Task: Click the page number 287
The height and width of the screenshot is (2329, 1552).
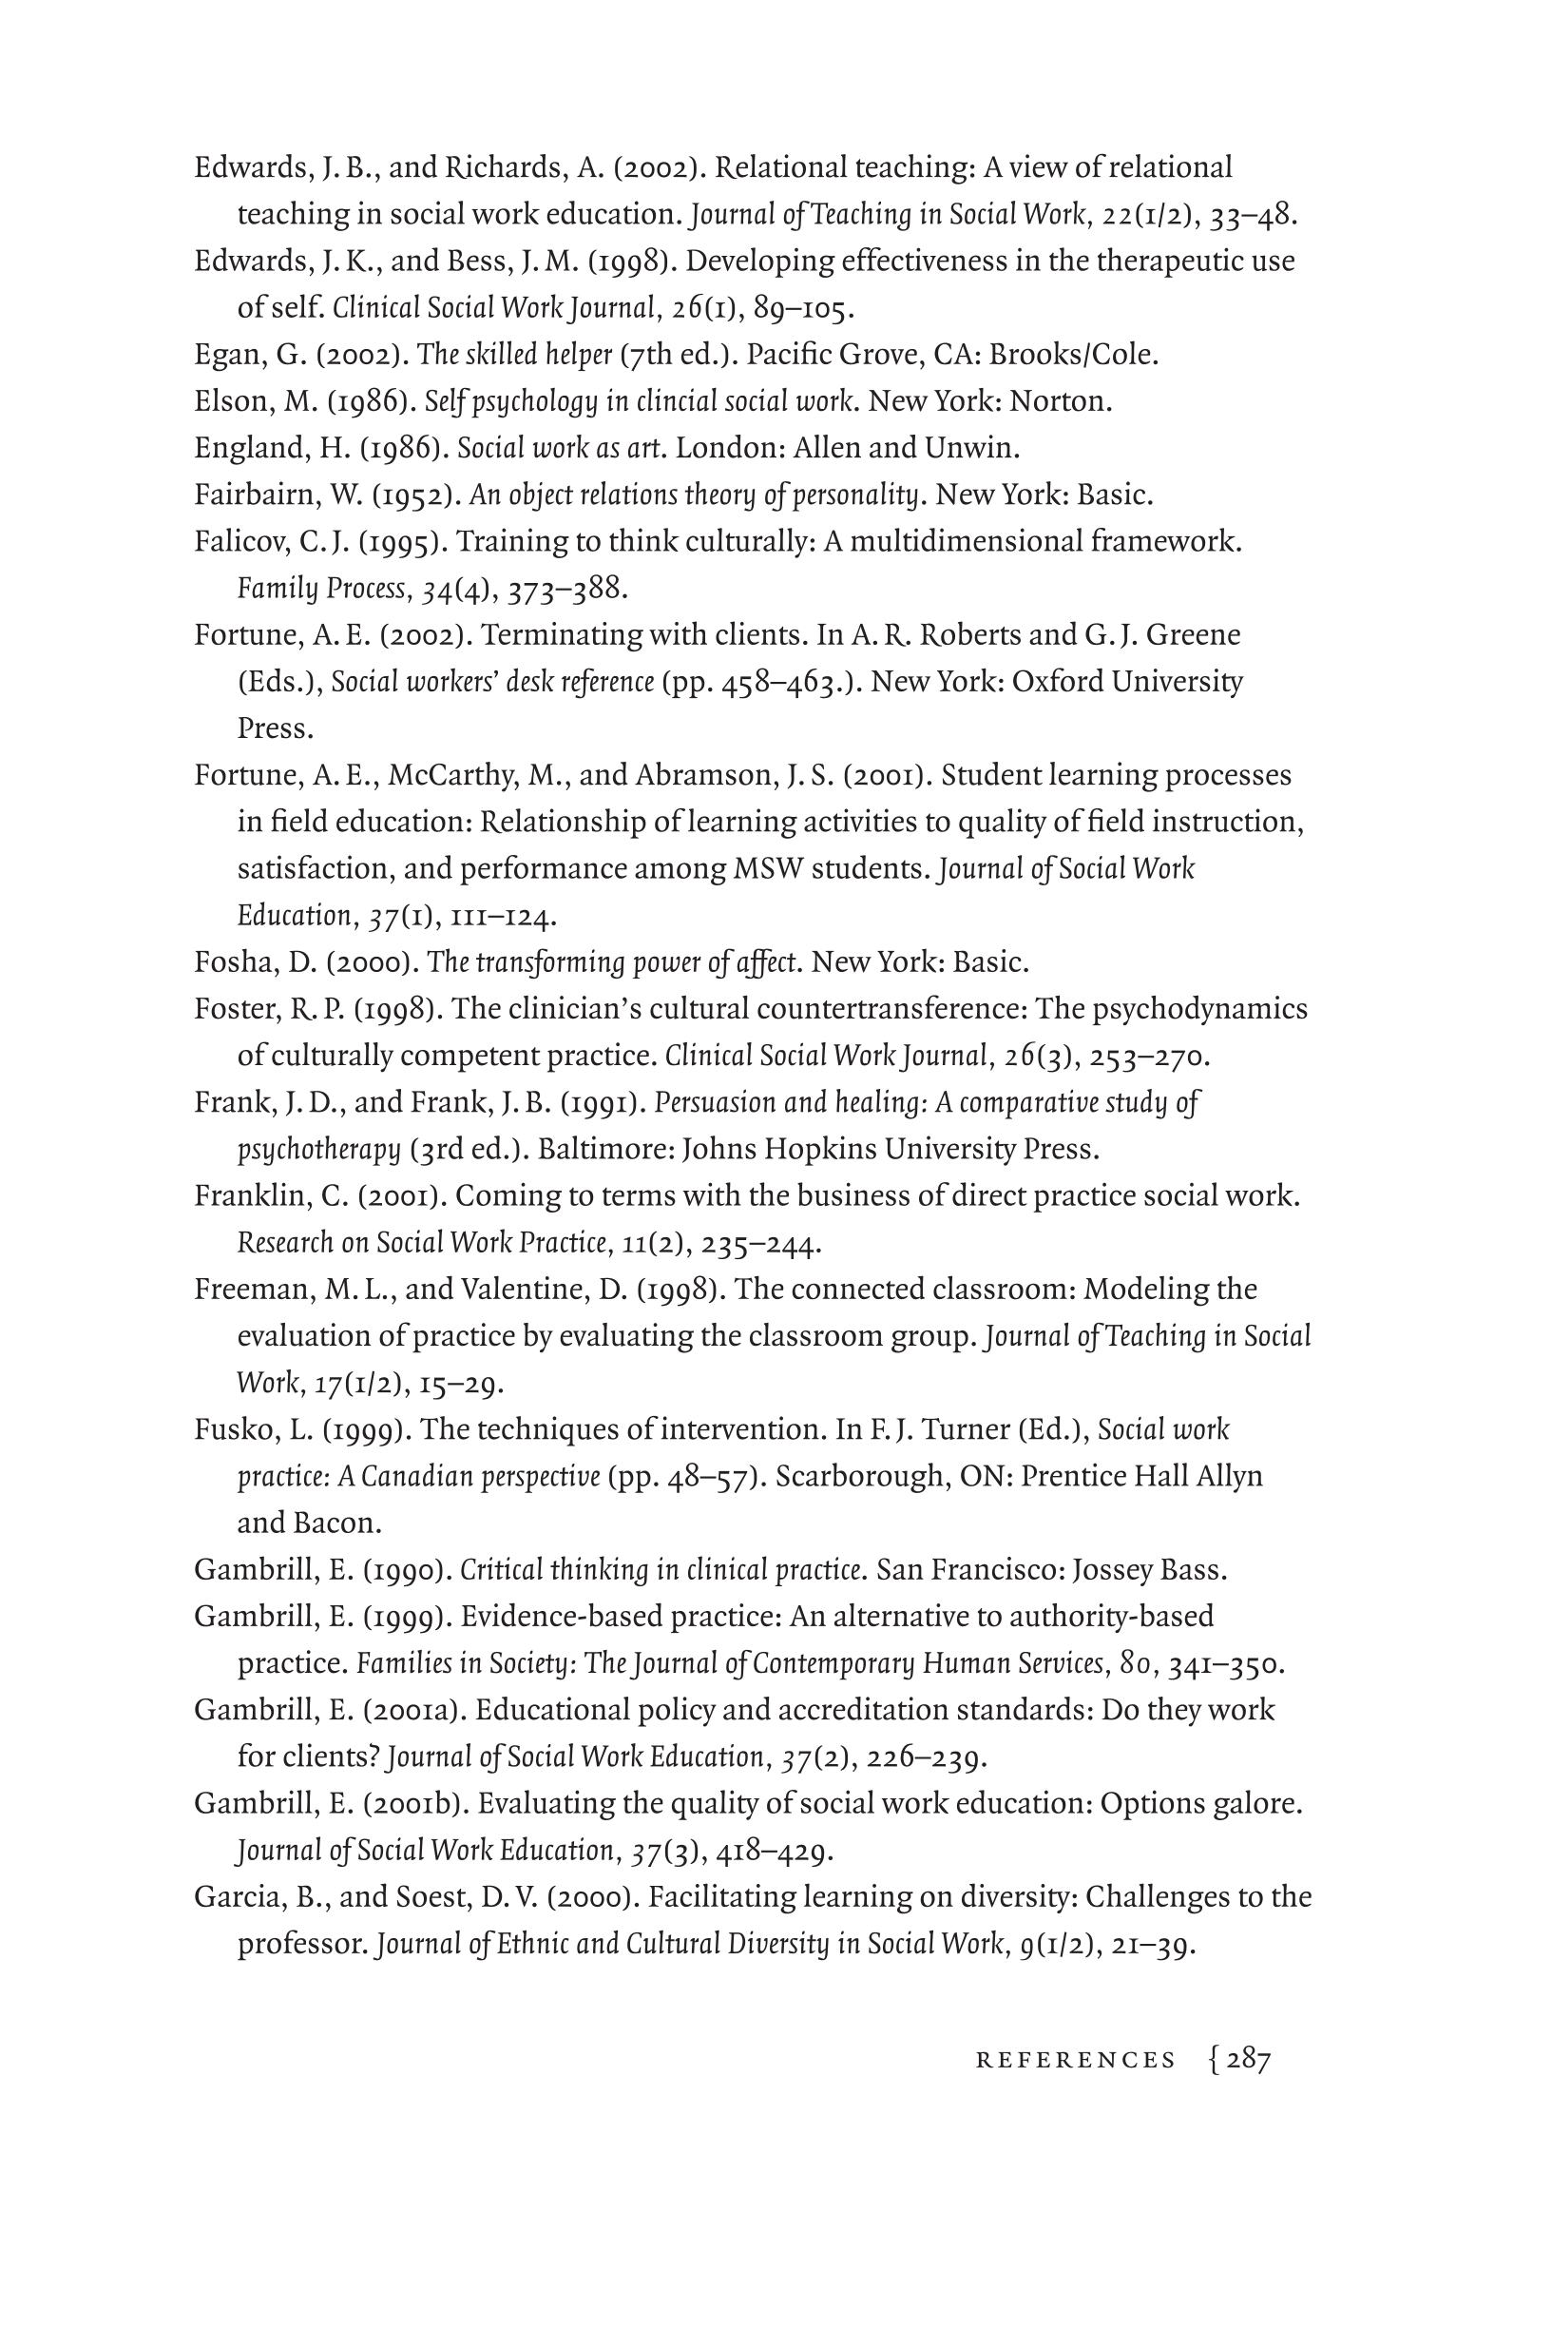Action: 1248,2060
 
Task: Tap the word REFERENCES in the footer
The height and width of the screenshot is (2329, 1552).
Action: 1076,2061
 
